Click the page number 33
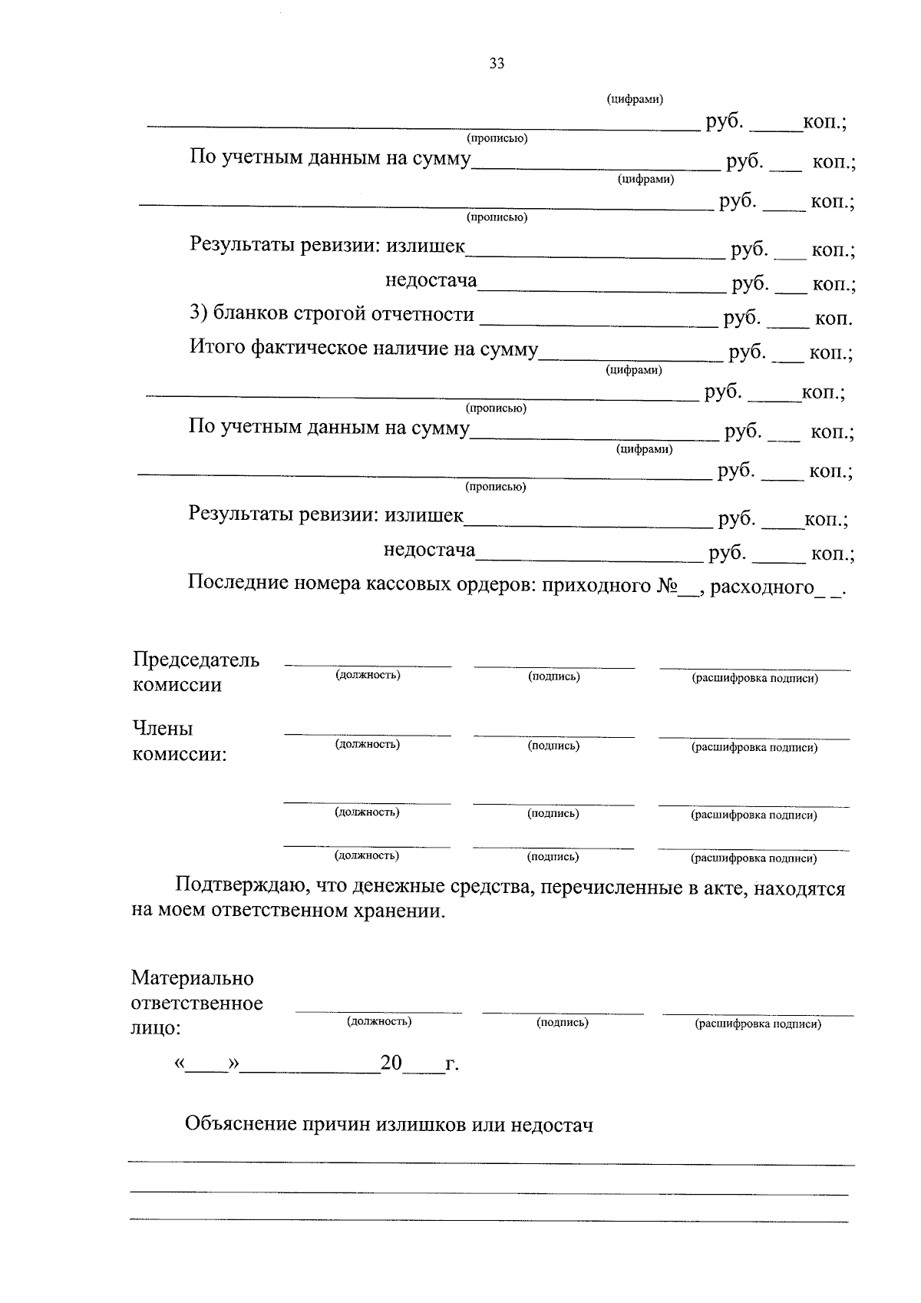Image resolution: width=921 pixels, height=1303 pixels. [497, 64]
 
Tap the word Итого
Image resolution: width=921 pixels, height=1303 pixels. [217, 348]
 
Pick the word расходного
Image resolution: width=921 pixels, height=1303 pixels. [761, 587]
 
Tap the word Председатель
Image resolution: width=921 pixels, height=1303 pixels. [196, 660]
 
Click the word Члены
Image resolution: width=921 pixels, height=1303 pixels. [163, 728]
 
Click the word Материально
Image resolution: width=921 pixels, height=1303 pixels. [193, 978]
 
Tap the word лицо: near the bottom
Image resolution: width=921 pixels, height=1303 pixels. [157, 1028]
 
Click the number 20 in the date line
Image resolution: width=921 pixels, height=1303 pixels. [391, 1063]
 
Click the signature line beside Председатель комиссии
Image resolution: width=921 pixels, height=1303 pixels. [554, 664]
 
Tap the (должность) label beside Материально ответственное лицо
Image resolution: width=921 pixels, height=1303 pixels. [379, 1021]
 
